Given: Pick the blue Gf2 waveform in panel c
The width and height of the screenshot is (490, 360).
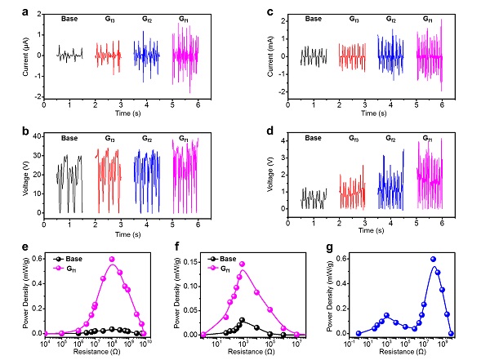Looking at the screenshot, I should (390, 56).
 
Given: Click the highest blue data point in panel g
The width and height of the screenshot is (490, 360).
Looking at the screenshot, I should (434, 260).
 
